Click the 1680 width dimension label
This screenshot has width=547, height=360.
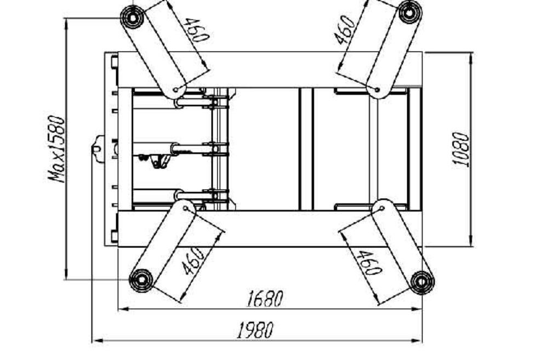click(x=265, y=299)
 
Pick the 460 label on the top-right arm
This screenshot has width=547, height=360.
click(x=345, y=30)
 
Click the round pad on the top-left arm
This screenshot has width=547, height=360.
click(x=132, y=18)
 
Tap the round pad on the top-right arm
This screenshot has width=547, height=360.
click(x=410, y=12)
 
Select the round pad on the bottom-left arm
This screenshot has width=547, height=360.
click(x=140, y=279)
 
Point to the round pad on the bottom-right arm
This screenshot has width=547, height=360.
click(x=422, y=282)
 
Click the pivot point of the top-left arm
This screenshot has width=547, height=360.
click(x=176, y=89)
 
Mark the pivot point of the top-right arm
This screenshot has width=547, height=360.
click(x=377, y=89)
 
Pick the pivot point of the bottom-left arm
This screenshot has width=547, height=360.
click(x=187, y=208)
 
